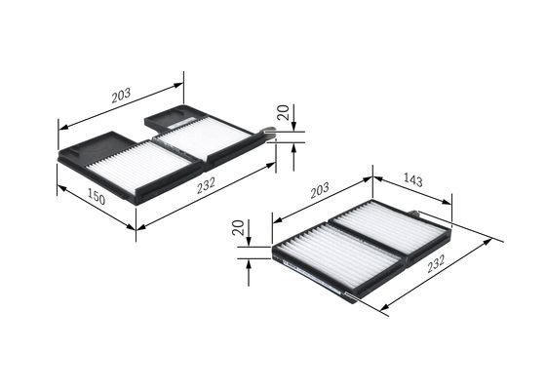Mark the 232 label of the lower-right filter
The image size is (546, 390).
437,263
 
